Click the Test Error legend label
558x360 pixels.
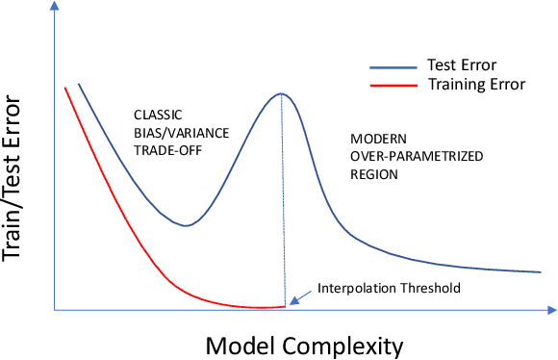coord(460,65)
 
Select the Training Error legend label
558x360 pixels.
coord(475,84)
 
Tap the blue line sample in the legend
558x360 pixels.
coord(392,67)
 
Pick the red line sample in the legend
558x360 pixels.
coord(392,85)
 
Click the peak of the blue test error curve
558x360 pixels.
coord(281,93)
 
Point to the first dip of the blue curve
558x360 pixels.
coord(186,225)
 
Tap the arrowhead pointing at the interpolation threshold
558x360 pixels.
coord(292,301)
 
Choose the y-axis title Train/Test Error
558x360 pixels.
coord(16,182)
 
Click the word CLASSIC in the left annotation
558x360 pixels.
coord(154,114)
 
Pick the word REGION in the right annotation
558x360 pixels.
coord(375,175)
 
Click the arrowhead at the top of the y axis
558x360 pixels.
coord(55,8)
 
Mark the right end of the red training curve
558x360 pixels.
coord(285,306)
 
